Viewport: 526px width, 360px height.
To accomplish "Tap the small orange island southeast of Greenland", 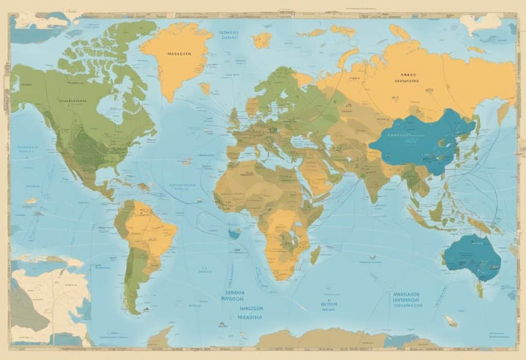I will coord(205,88).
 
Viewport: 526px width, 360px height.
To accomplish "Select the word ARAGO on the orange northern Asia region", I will coord(409,74).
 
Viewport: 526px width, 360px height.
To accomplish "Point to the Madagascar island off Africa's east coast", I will coord(315,254).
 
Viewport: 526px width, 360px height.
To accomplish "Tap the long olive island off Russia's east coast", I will coord(503,112).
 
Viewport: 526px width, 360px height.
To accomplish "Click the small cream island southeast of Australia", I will coord(451,321).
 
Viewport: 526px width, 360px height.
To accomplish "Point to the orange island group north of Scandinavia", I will coord(262,40).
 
